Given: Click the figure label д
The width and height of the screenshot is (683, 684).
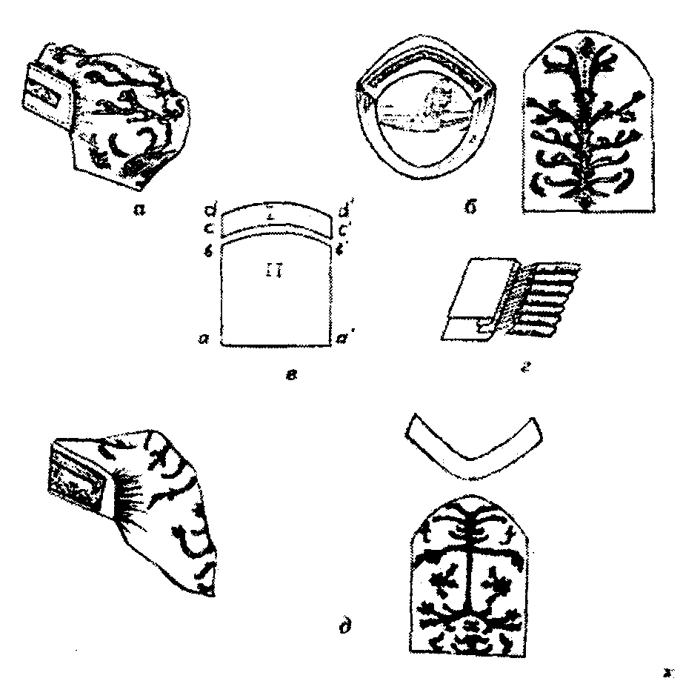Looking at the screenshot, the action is point(344,631).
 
